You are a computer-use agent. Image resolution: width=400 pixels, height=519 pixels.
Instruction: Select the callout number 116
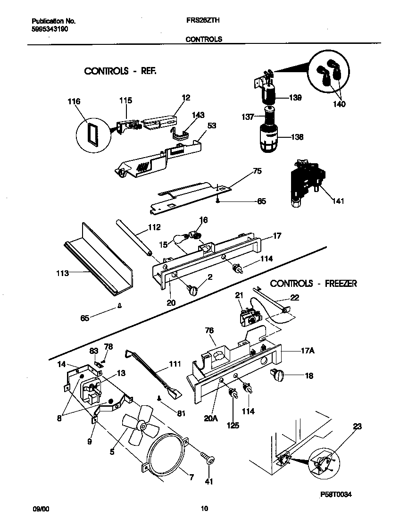coord(74,101)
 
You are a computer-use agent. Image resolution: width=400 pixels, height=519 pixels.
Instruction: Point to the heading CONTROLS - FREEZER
coord(313,284)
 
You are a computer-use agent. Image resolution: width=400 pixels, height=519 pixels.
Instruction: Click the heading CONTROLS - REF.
coord(120,71)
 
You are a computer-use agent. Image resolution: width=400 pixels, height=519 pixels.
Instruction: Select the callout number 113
coord(62,273)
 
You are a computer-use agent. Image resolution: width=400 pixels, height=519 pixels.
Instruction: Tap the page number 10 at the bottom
coord(204,509)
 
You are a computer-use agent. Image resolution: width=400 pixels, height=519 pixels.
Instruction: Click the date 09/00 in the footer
coord(41,509)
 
